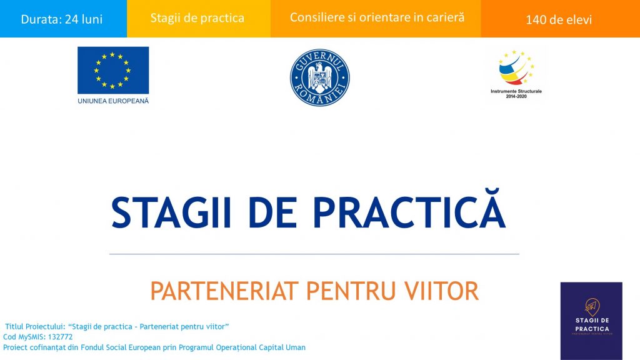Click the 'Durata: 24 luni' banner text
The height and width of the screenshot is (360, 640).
pyautogui.click(x=62, y=19)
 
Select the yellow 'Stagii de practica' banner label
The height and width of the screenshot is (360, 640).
pyautogui.click(x=197, y=18)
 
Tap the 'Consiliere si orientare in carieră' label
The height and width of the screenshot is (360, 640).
pyautogui.click(x=377, y=17)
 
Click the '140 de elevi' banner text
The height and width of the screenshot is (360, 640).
pyautogui.click(x=558, y=19)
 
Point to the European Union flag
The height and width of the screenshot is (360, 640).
pyautogui.click(x=113, y=70)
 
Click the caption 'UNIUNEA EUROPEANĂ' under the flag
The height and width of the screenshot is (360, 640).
pyautogui.click(x=113, y=101)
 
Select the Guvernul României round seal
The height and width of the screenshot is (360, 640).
pyautogui.click(x=319, y=77)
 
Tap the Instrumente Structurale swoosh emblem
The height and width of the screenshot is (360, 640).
pyautogui.click(x=516, y=67)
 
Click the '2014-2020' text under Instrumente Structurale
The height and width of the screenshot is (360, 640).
pyautogui.click(x=516, y=96)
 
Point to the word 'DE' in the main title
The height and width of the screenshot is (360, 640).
pyautogui.click(x=272, y=212)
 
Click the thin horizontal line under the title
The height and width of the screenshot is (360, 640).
pyautogui.click(x=314, y=254)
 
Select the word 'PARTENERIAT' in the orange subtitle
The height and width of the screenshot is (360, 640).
pyautogui.click(x=224, y=291)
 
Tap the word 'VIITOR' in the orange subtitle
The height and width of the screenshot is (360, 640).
pyautogui.click(x=442, y=291)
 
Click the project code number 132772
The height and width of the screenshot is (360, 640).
pyautogui.click(x=60, y=337)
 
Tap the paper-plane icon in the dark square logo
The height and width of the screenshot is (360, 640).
pyautogui.click(x=591, y=306)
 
